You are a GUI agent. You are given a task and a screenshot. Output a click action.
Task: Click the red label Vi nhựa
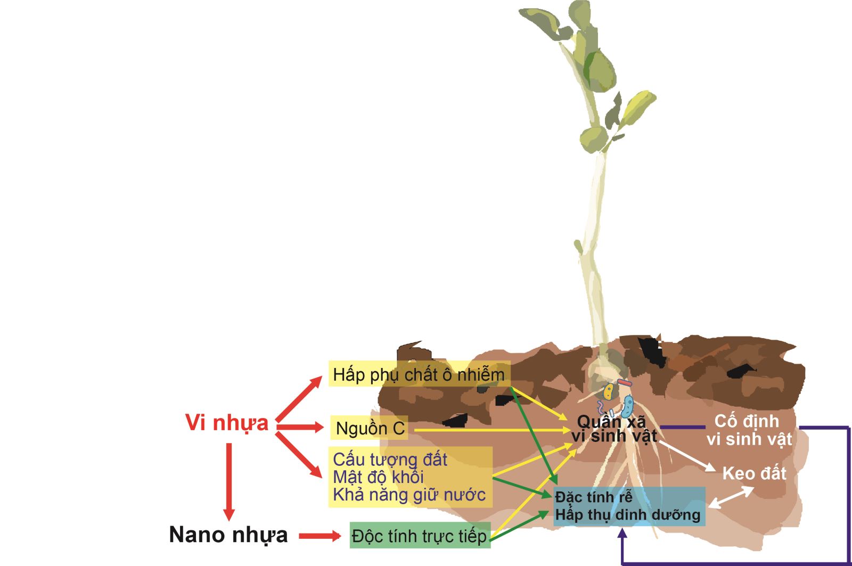(x=227, y=423)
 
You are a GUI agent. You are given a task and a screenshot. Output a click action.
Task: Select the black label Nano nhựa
(x=228, y=535)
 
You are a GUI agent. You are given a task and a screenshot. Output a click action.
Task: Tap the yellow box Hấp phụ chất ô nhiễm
(x=419, y=374)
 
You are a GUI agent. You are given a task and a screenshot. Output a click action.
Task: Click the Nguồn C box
(x=369, y=428)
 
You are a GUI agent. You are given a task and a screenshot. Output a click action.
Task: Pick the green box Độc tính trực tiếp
(x=420, y=536)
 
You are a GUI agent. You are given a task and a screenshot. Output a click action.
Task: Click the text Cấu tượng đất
(x=390, y=460)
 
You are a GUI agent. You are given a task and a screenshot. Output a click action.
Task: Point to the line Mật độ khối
(x=378, y=477)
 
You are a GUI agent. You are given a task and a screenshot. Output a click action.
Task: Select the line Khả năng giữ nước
(x=409, y=495)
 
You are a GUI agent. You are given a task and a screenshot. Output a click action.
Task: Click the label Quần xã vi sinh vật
(x=614, y=429)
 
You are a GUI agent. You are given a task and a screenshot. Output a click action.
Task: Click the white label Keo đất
(x=753, y=473)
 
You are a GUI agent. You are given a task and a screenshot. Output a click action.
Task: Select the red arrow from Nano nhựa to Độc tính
(x=319, y=536)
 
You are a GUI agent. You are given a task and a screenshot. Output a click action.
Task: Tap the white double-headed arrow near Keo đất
(x=731, y=498)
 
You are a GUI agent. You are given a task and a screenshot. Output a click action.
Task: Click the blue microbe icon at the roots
(x=628, y=406)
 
